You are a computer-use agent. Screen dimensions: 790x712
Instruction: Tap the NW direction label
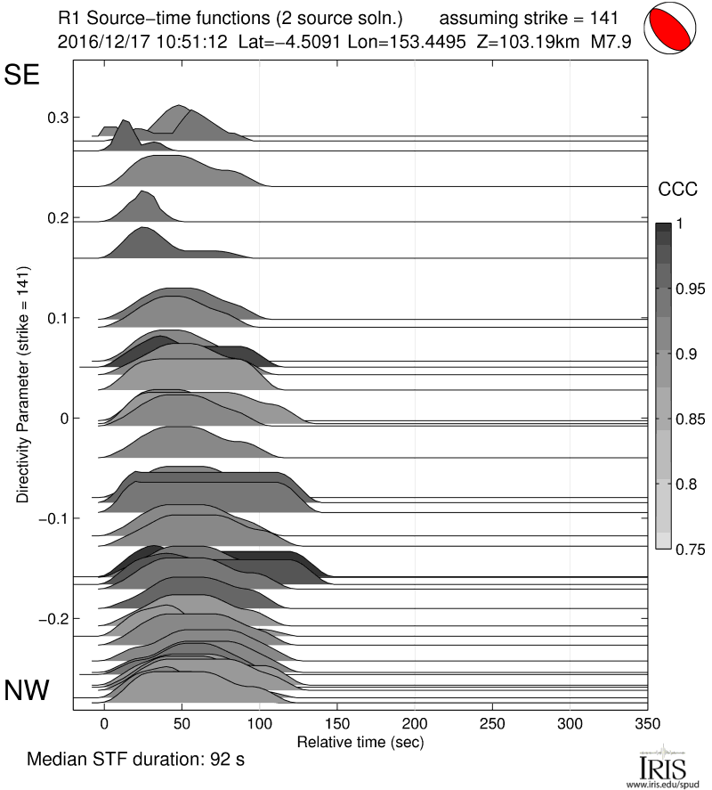click(x=28, y=690)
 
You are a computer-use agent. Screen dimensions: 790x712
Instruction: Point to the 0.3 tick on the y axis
click(x=57, y=118)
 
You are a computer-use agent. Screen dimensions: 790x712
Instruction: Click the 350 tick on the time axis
click(x=647, y=721)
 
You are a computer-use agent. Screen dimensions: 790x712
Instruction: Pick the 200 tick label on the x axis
click(x=415, y=721)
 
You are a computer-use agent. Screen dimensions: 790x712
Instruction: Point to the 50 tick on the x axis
click(x=182, y=721)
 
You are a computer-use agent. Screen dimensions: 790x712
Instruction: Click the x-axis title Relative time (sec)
click(x=360, y=741)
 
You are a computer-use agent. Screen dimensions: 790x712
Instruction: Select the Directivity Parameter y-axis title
click(x=23, y=384)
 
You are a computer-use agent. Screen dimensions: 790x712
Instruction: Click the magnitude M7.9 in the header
click(x=619, y=40)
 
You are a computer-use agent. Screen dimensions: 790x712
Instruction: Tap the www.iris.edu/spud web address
click(x=666, y=785)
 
